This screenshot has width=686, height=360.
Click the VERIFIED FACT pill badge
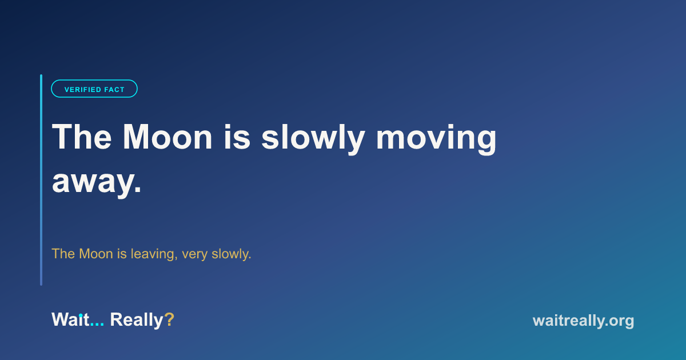tap(94, 89)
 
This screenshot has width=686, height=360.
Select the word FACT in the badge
tap(114, 90)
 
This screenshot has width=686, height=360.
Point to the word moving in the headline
tap(436, 139)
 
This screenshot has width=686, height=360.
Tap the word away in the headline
tap(93, 182)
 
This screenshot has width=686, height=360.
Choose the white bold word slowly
tap(313, 139)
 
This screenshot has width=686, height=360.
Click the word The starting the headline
tap(82, 137)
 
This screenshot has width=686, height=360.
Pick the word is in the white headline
tap(237, 137)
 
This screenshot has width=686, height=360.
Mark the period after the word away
tap(138, 190)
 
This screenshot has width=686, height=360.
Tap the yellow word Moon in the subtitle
tap(96, 254)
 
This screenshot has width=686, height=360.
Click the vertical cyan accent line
tap(41, 180)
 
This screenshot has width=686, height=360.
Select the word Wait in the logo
tap(70, 319)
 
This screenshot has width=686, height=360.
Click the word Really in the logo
tap(137, 321)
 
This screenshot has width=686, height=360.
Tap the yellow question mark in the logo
tap(169, 319)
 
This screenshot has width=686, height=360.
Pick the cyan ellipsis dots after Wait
tap(97, 325)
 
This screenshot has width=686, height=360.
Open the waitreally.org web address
tap(584, 321)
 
